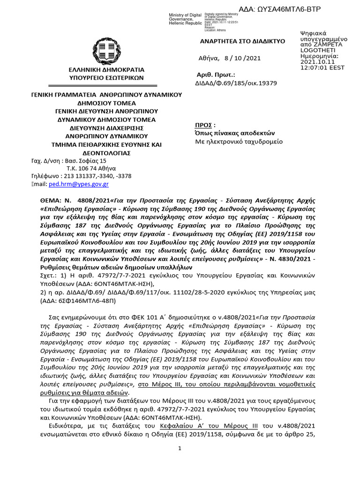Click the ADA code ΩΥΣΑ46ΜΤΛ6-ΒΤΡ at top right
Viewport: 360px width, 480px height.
293,8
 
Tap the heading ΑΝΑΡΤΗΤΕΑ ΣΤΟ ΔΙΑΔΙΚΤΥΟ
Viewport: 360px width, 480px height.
243,41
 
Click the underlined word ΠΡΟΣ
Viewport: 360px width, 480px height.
204,125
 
